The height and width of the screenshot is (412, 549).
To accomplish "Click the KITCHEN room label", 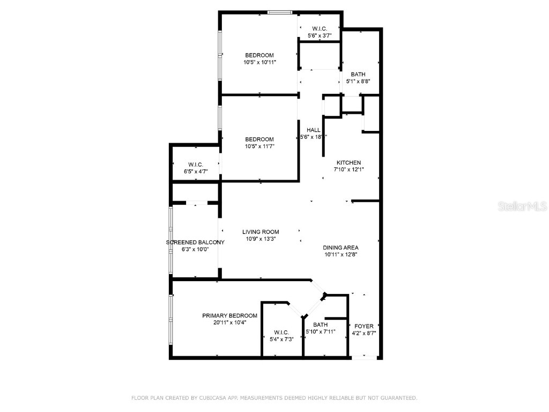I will (x=348, y=163).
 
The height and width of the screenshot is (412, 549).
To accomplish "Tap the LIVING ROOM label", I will (x=261, y=232).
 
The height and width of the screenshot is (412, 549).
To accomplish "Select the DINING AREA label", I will (x=340, y=247).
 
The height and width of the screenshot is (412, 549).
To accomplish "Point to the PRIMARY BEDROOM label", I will (x=229, y=315).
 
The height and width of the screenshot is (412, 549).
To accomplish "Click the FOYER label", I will (x=364, y=326).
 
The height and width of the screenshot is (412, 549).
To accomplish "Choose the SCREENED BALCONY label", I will (x=195, y=242).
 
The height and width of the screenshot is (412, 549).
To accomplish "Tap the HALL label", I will (x=314, y=130).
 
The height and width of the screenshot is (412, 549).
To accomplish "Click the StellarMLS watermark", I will (x=522, y=206).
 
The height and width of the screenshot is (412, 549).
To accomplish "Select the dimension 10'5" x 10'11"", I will (x=259, y=62).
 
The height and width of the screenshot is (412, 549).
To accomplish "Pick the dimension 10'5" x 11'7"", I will (x=259, y=146).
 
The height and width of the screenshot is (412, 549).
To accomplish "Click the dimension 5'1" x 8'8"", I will (x=358, y=82).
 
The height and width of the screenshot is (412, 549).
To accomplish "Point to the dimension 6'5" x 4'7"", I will (x=195, y=171).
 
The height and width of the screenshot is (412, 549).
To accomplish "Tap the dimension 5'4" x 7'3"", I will (x=281, y=339).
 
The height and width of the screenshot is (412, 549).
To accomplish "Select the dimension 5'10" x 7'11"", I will (x=321, y=332).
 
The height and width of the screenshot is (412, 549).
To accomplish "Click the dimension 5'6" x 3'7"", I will (x=320, y=35).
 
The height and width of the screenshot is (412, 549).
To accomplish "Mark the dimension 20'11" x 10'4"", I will (x=229, y=322).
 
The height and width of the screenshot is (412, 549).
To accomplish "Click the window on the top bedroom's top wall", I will (x=279, y=12).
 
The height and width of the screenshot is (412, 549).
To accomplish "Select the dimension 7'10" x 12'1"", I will (x=348, y=170).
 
